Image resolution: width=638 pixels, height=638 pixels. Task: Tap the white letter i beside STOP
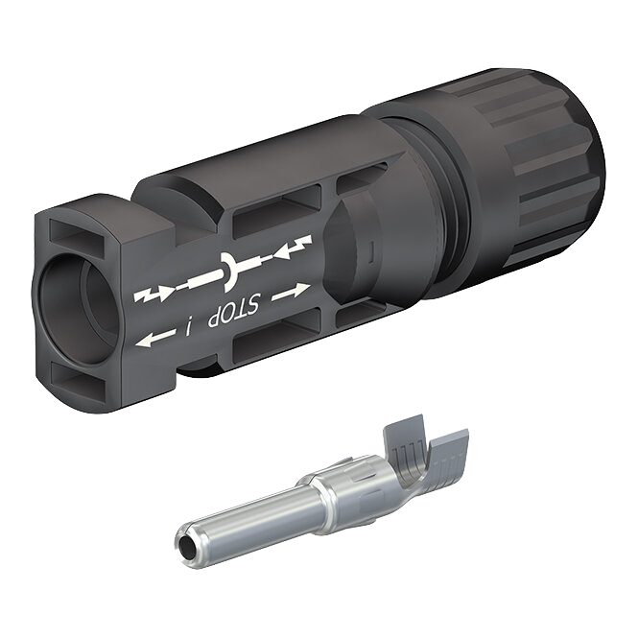pos(189,327)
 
